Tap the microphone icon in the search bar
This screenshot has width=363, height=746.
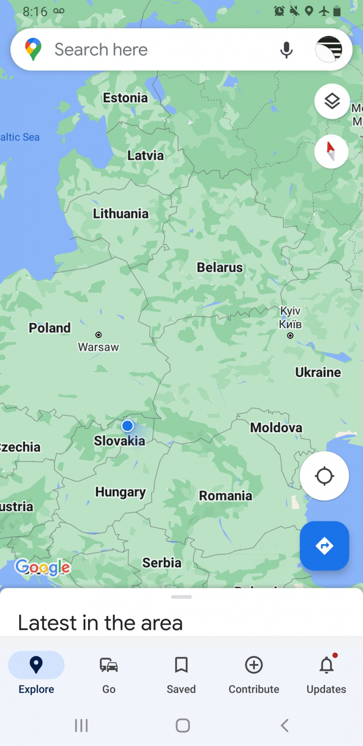(287, 50)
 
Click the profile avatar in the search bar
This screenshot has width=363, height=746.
(329, 50)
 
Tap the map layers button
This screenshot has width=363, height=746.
(332, 102)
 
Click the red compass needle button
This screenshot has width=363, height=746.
(331, 151)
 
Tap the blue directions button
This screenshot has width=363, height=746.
(324, 546)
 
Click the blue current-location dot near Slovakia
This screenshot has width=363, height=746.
(127, 426)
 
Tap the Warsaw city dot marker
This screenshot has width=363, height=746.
(99, 335)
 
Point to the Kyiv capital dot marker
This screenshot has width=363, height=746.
(290, 336)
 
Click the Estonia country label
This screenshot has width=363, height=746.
(125, 98)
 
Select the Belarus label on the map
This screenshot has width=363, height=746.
(220, 267)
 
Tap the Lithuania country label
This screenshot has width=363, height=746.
(121, 214)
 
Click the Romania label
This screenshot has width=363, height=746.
(225, 496)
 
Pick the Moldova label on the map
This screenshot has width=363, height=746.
(276, 427)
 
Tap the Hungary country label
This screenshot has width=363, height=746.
(120, 492)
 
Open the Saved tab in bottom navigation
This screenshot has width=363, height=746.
(181, 673)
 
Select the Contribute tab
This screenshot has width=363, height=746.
(254, 673)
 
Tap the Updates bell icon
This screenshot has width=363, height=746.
(327, 665)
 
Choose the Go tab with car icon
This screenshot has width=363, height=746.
(109, 673)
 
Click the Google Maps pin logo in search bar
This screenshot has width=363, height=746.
(33, 49)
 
